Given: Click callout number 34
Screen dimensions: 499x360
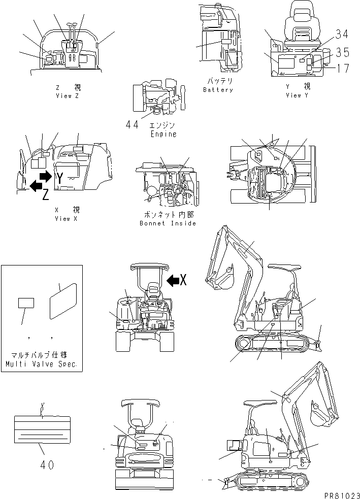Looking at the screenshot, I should tap(342, 35).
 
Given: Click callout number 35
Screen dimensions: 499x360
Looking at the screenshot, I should tap(342, 51).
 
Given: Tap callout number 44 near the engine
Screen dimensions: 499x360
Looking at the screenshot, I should tap(133, 124).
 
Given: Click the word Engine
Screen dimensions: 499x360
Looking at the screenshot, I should tap(163, 134).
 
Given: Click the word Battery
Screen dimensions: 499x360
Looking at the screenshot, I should tap(218, 90).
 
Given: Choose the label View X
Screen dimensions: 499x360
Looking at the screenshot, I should tap(67, 218).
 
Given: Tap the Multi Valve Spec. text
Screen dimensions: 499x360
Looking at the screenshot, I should tap(41, 364).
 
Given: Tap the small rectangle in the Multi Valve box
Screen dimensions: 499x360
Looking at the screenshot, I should tap(26, 304).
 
